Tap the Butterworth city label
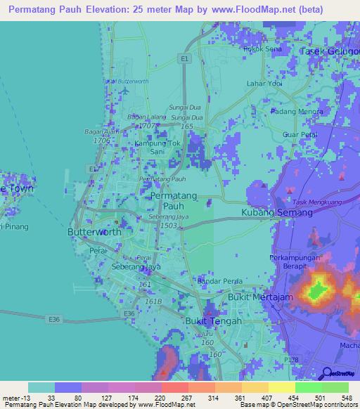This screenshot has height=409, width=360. (94, 232)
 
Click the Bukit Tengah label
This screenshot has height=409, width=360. (212, 321)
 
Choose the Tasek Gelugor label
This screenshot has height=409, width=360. (329, 51)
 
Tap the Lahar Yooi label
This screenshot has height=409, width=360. (264, 84)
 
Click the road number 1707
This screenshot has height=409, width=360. (146, 125)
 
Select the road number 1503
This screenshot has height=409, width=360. (168, 225)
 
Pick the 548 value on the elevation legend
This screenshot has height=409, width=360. (346, 398)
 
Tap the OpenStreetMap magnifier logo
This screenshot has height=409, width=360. (326, 373)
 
